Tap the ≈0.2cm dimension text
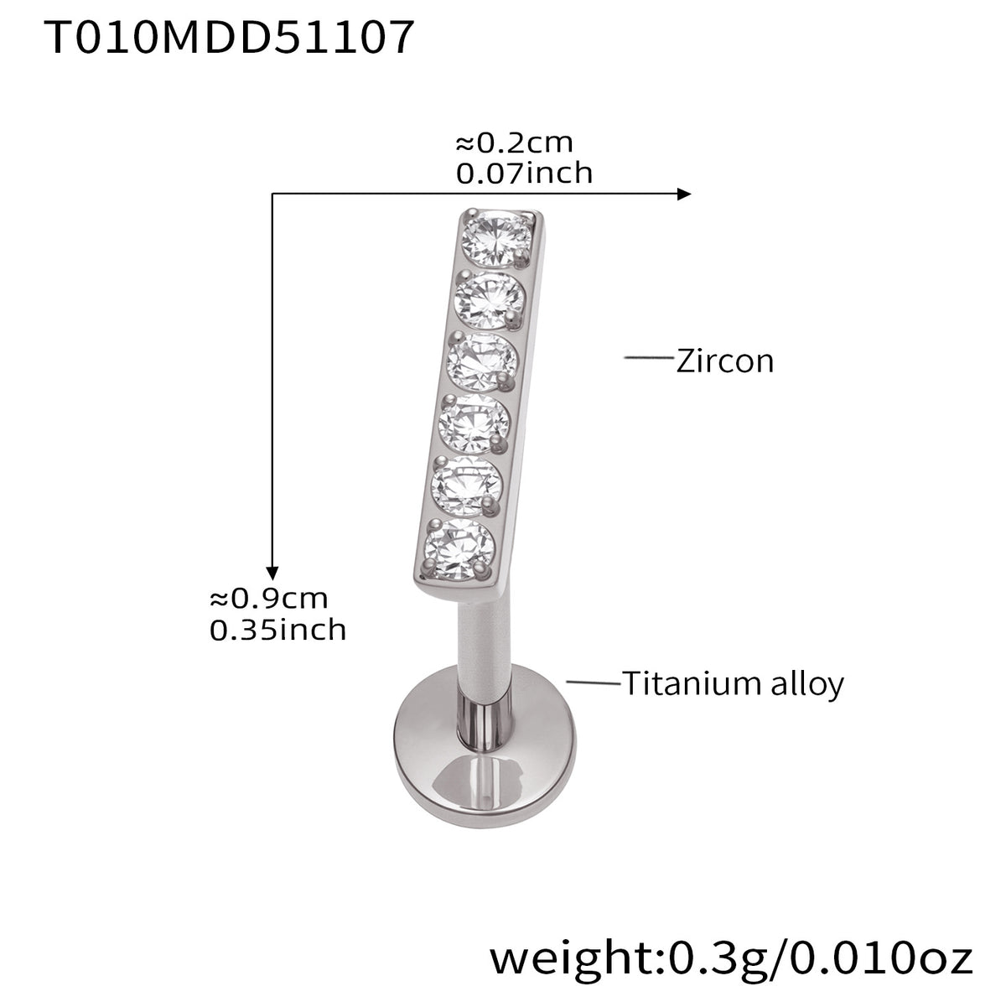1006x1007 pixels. pyautogui.click(x=514, y=143)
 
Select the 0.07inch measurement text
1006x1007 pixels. pyautogui.click(x=524, y=174)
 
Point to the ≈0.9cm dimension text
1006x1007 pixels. pyautogui.click(x=268, y=599)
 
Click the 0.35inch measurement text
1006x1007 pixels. pyautogui.click(x=277, y=630)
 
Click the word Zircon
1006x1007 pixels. pyautogui.click(x=725, y=361)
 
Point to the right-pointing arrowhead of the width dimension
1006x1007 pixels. pyautogui.click(x=684, y=194)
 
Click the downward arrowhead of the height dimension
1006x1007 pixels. pyautogui.click(x=272, y=574)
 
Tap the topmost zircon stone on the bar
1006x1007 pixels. pyautogui.click(x=497, y=238)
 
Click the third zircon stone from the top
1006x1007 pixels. pyautogui.click(x=482, y=361)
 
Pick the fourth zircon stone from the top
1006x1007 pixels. pyautogui.click(x=474, y=423)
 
